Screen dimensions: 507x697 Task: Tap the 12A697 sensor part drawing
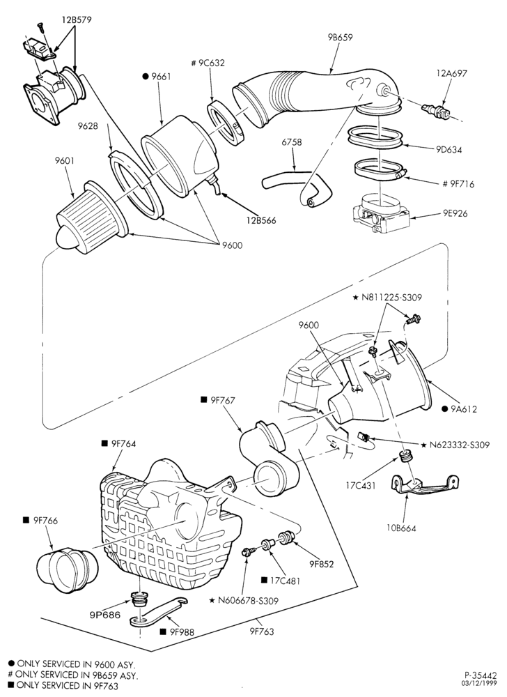pos(437,112)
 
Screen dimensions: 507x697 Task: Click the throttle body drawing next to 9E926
pos(381,214)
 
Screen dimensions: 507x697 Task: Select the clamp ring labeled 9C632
pos(226,123)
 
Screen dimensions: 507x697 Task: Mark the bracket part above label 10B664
pos(424,485)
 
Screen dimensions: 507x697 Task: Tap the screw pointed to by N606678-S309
pos(248,552)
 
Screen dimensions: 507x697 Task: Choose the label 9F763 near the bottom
pos(261,631)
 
